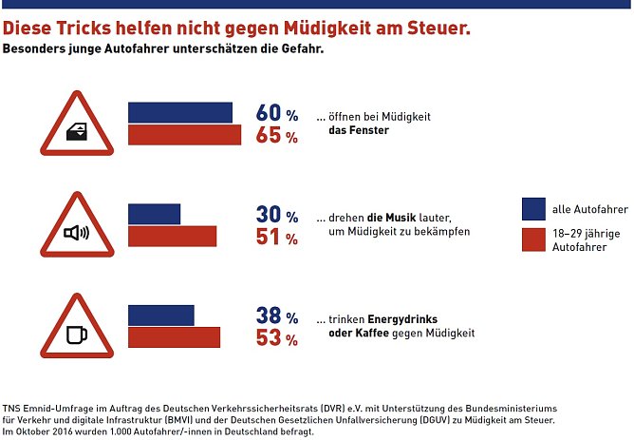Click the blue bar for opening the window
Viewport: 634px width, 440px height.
[x=180, y=112]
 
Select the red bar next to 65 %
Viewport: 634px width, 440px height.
[x=186, y=135]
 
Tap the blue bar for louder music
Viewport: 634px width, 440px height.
[x=154, y=214]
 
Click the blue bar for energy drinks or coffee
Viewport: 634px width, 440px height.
[x=160, y=316]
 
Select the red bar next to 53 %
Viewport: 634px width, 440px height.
[x=174, y=337]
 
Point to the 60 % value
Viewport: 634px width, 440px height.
[x=276, y=113]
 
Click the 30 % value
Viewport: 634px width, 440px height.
[x=276, y=215]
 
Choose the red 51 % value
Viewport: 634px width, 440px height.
[x=276, y=238]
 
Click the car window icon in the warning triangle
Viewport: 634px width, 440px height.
[x=78, y=133]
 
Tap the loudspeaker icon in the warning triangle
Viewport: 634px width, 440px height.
[x=77, y=232]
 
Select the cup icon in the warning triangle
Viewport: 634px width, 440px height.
[x=77, y=335]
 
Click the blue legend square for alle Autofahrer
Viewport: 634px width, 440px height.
[x=533, y=209]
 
